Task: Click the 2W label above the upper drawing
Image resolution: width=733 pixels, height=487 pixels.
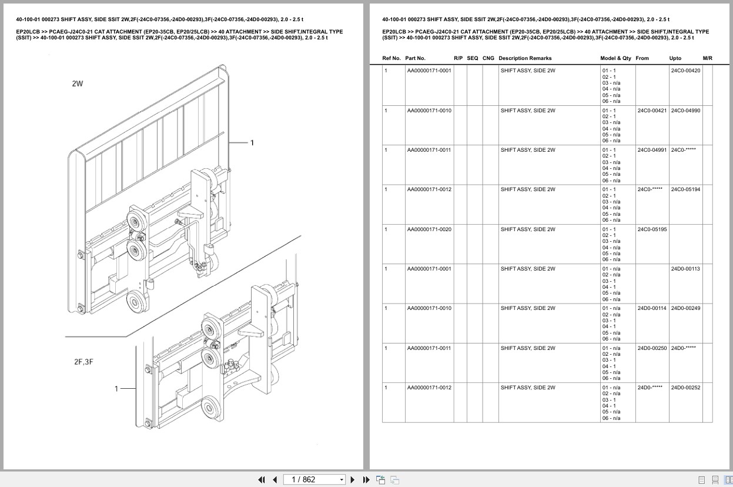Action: (78, 84)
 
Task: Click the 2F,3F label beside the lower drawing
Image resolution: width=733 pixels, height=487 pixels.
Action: (83, 362)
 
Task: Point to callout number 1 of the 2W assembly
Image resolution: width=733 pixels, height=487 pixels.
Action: (252, 142)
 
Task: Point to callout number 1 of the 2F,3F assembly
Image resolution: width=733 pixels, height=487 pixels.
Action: (116, 388)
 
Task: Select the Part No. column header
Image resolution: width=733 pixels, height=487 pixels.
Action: (415, 58)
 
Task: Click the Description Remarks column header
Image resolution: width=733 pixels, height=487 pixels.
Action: (525, 58)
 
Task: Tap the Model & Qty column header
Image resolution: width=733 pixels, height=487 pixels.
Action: (615, 58)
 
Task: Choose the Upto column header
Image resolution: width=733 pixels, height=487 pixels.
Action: (675, 58)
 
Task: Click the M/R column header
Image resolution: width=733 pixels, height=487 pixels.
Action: (707, 58)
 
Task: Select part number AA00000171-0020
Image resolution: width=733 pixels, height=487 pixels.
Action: (429, 229)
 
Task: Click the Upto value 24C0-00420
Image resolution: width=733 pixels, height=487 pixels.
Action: (685, 71)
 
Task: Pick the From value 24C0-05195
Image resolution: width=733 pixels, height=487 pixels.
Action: (652, 229)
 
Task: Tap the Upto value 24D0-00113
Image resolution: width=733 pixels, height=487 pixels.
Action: (685, 269)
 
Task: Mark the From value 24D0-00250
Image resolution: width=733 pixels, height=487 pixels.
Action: (652, 348)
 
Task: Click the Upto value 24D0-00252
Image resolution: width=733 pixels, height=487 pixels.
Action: (685, 388)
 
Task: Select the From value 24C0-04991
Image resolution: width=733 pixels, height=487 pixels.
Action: (652, 150)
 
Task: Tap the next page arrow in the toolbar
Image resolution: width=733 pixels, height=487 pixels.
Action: (353, 479)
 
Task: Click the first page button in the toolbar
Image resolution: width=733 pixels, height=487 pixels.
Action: (262, 479)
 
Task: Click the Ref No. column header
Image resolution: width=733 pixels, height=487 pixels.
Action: (391, 58)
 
